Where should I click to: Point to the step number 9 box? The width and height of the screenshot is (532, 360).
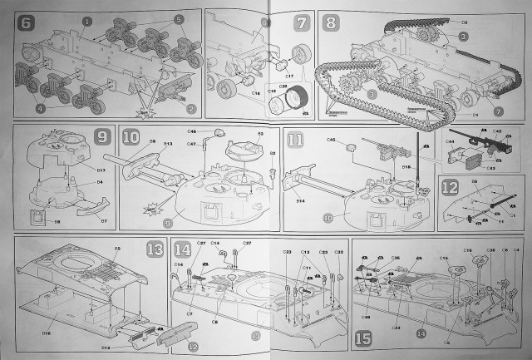tap(103, 136)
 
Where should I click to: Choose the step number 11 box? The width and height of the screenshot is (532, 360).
tap(295, 139)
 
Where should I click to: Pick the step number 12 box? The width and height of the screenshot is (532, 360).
tap(450, 187)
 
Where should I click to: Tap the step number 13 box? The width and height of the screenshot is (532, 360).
tap(155, 249)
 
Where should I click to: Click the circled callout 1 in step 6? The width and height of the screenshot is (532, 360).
tap(87, 19)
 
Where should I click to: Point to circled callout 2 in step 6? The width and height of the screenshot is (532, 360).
tap(191, 108)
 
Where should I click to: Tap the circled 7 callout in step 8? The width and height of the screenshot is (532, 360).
tap(496, 111)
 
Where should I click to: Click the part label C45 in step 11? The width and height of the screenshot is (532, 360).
tap(330, 141)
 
